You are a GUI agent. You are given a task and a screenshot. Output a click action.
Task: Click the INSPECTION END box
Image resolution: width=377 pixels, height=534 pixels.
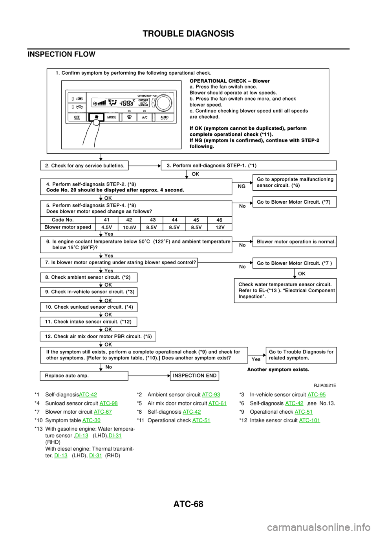194,376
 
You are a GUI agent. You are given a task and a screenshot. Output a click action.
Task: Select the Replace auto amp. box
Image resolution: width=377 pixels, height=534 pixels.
84,376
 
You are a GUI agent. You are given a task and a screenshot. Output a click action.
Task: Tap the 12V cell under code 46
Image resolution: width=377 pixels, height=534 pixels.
220,227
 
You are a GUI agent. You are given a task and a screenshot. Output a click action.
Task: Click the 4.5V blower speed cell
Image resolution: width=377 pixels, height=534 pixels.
107,227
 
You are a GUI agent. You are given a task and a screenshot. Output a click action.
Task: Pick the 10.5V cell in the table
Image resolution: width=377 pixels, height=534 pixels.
129,227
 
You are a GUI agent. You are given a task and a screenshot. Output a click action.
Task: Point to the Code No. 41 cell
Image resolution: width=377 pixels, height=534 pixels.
107,220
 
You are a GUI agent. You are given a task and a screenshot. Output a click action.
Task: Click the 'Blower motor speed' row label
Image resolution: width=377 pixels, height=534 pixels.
68,227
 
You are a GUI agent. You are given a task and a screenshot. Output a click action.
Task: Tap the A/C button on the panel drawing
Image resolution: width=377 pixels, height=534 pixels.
145,117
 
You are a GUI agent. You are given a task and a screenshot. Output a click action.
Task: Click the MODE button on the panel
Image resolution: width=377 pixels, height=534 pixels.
112,117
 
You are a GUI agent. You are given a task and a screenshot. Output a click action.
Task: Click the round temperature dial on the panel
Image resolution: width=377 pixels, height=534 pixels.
163,104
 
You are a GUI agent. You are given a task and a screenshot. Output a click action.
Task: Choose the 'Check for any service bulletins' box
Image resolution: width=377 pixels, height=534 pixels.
84,166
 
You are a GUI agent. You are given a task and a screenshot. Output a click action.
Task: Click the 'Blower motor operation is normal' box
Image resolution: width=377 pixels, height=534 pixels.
294,241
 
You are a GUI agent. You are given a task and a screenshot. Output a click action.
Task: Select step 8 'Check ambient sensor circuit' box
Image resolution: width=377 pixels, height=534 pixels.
88,277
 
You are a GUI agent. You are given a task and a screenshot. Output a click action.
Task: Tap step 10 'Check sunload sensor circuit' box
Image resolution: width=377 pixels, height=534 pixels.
88,307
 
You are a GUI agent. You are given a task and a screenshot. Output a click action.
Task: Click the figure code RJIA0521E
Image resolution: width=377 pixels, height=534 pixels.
325,386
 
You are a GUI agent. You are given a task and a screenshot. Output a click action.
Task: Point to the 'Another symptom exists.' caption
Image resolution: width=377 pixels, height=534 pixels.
278,370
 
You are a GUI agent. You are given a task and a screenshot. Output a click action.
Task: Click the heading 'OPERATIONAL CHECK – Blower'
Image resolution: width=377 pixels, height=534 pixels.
230,81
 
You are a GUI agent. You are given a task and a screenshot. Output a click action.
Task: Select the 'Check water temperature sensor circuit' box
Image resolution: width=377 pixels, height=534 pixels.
285,291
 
